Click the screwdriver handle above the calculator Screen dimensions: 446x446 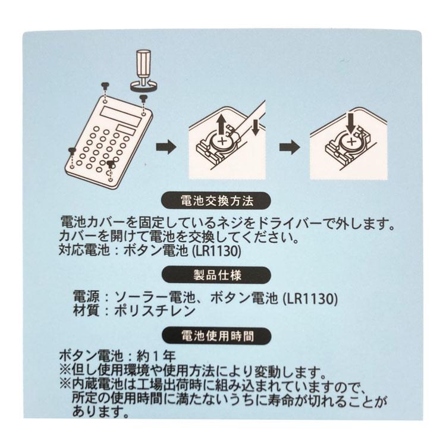(x=143, y=62)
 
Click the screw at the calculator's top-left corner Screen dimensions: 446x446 (x=105, y=85)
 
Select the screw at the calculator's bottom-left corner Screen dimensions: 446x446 (x=72, y=150)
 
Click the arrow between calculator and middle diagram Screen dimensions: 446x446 (x=167, y=147)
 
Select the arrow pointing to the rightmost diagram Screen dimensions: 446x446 (x=290, y=147)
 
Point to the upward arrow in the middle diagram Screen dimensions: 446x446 (x=221, y=124)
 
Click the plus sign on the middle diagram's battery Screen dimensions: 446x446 (x=225, y=143)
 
